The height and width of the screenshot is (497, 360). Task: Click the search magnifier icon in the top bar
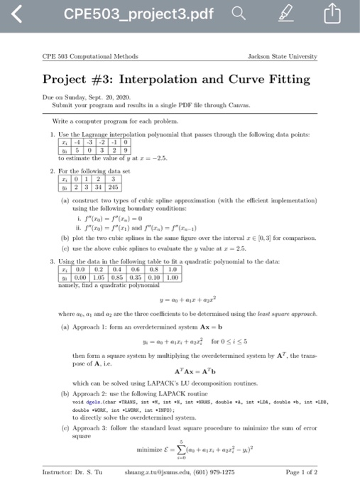(245, 15)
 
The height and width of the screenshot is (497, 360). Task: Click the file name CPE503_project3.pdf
(138, 15)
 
